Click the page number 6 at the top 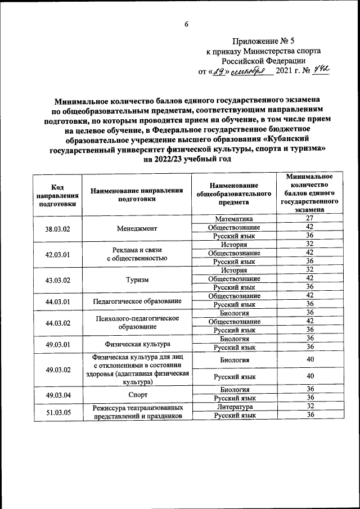(x=186, y=25)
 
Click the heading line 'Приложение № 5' (x=263, y=41)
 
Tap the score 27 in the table (x=309, y=218)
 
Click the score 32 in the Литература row (x=309, y=406)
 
